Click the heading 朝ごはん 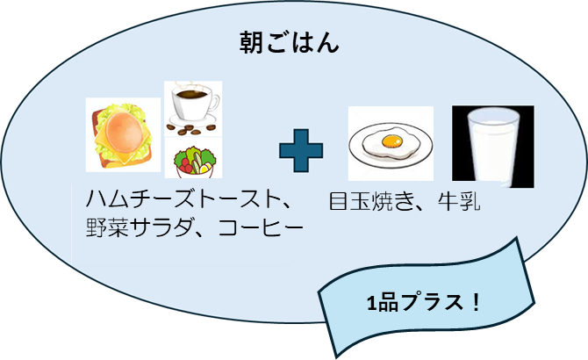290,43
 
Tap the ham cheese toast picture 123,134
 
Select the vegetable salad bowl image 194,160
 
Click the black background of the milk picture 461,171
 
